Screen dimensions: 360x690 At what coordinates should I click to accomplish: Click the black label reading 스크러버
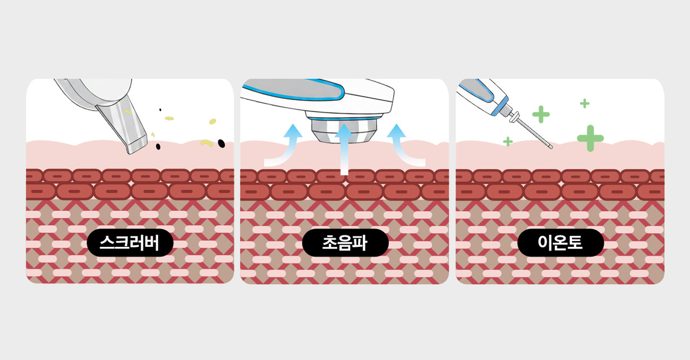click(130, 243)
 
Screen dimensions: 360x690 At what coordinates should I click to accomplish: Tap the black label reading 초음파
click(345, 243)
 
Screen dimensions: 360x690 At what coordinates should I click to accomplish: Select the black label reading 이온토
click(560, 243)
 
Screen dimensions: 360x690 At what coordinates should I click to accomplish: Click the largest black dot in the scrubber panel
click(221, 143)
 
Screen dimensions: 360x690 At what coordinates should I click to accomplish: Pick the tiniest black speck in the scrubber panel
click(160, 110)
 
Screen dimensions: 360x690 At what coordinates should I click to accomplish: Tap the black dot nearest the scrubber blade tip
click(158, 146)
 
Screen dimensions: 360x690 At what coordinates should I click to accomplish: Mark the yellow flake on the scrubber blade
click(127, 112)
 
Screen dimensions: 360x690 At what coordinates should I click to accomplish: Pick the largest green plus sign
click(590, 138)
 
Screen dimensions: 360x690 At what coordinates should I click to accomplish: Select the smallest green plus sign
click(507, 141)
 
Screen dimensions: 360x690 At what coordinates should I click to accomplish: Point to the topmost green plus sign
click(584, 103)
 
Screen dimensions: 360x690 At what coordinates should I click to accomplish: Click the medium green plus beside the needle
click(541, 114)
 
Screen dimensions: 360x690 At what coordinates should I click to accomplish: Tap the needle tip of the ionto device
click(550, 147)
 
